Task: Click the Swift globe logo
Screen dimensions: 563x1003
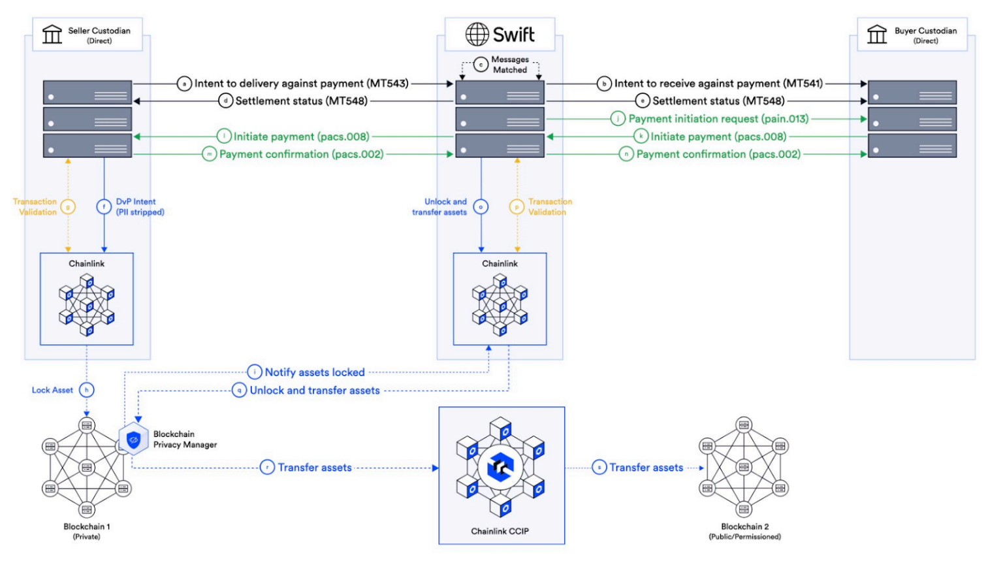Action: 477,34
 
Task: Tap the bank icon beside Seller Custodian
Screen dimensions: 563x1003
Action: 52,35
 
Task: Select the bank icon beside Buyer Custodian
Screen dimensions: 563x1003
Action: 877,35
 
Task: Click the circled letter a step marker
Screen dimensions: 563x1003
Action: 185,84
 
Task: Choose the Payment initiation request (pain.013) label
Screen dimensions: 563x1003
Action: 718,119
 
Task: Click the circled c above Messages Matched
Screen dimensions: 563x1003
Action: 481,65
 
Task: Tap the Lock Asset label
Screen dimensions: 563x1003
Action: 52,390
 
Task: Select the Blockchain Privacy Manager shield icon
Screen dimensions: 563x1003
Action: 134,440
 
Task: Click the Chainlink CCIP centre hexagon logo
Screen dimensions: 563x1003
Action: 501,468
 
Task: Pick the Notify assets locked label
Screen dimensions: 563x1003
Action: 315,372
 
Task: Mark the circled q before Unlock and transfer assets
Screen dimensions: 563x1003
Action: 240,391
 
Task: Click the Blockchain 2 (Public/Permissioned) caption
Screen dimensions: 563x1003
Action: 744,531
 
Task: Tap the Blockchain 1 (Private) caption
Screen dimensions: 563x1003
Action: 87,531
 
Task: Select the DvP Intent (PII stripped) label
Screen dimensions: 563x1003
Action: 140,207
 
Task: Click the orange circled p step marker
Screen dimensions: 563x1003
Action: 517,207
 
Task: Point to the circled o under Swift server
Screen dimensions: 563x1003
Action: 481,207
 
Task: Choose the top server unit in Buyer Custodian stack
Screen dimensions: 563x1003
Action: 912,93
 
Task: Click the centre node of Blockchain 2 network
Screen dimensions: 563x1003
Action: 744,468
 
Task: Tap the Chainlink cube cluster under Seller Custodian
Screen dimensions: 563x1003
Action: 87,304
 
